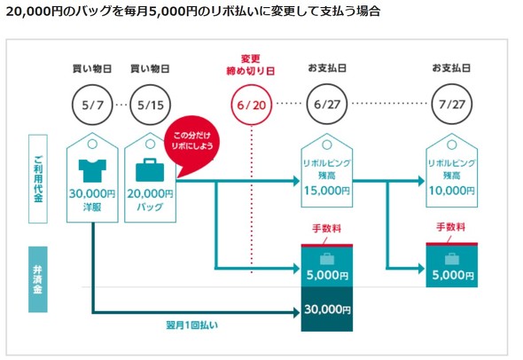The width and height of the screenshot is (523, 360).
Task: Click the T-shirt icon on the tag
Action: [x=92, y=170]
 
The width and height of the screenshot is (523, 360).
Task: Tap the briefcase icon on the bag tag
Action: [x=150, y=170]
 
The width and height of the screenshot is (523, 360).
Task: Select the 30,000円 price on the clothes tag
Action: [x=92, y=193]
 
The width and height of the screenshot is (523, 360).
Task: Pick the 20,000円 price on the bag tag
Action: [x=150, y=193]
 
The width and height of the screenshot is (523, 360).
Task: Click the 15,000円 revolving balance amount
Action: [x=327, y=191]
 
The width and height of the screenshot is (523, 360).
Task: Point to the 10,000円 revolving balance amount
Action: [x=452, y=191]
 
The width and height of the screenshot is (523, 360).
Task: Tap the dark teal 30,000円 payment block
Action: [x=327, y=309]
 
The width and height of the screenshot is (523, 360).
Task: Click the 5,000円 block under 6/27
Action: [x=327, y=266]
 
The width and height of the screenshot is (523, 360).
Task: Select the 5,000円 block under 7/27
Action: [x=452, y=265]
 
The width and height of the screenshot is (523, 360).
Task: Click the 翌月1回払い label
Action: [x=192, y=325]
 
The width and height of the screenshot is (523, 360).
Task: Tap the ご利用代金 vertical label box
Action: [x=38, y=179]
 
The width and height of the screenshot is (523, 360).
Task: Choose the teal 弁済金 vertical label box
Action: [x=38, y=279]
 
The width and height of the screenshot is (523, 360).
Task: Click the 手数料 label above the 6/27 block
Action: [x=327, y=229]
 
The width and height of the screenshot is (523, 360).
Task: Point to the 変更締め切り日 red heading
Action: [x=251, y=65]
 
